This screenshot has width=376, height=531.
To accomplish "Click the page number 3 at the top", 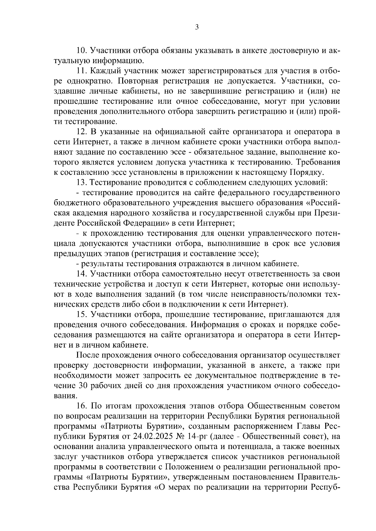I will pyautogui.click(x=197, y=27).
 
